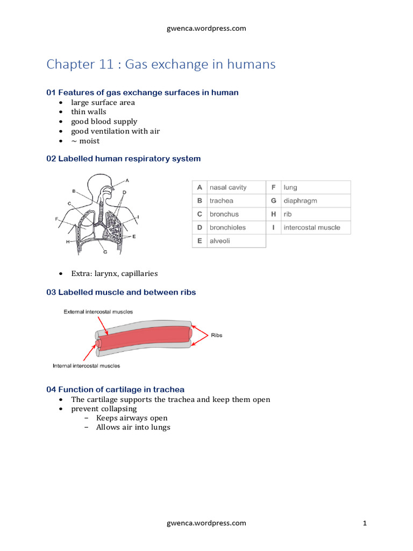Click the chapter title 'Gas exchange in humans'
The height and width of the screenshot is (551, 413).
[x=161, y=65]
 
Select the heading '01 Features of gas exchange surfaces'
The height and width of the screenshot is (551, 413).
[x=143, y=93]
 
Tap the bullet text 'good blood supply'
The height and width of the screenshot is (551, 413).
[x=104, y=122]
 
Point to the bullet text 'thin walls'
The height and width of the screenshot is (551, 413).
[x=89, y=112]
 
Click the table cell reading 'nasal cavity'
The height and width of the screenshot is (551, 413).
[x=228, y=187]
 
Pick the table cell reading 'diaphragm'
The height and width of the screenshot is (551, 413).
[x=300, y=201]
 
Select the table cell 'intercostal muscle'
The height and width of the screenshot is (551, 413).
[x=312, y=228]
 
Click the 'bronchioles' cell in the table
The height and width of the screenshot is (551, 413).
[x=227, y=228]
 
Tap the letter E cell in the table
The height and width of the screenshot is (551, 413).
[x=199, y=241]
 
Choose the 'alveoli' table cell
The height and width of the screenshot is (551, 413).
[x=219, y=241]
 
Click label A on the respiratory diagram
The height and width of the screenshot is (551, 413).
[x=127, y=180]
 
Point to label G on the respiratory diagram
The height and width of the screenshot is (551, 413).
[x=105, y=251]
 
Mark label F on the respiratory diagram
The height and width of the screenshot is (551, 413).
[x=56, y=219]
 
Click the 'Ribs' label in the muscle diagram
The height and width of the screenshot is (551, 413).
[x=217, y=335]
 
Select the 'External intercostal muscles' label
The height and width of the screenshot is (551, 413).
[x=98, y=312]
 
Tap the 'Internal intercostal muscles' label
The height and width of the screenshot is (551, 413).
[x=86, y=366]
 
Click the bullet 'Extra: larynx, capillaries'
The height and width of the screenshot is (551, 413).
[x=114, y=273]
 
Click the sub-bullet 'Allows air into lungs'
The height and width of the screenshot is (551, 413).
[x=133, y=427]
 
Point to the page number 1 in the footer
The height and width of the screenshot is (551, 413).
[x=365, y=523]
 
